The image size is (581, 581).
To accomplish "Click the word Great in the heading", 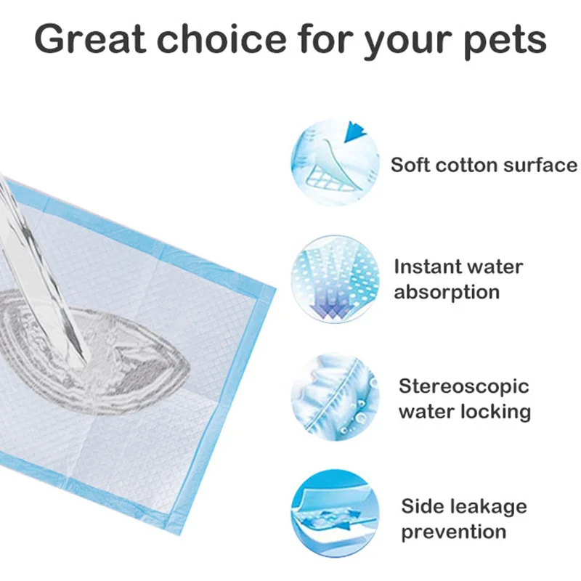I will pyautogui.click(x=92, y=40).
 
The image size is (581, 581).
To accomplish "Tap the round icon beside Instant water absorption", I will pyautogui.click(x=335, y=280).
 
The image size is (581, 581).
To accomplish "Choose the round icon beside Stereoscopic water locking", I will pyautogui.click(x=335, y=397).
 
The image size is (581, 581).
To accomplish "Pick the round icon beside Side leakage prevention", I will pyautogui.click(x=335, y=512).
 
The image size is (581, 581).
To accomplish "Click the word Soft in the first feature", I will pyautogui.click(x=409, y=164).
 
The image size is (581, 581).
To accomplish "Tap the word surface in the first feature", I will pyautogui.click(x=542, y=164).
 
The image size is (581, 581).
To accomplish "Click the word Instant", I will pyautogui.click(x=427, y=267).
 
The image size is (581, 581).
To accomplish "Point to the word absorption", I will pyautogui.click(x=447, y=292).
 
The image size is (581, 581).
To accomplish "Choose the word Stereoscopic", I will pyautogui.click(x=464, y=386).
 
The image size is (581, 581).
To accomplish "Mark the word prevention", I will pyautogui.click(x=454, y=532).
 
